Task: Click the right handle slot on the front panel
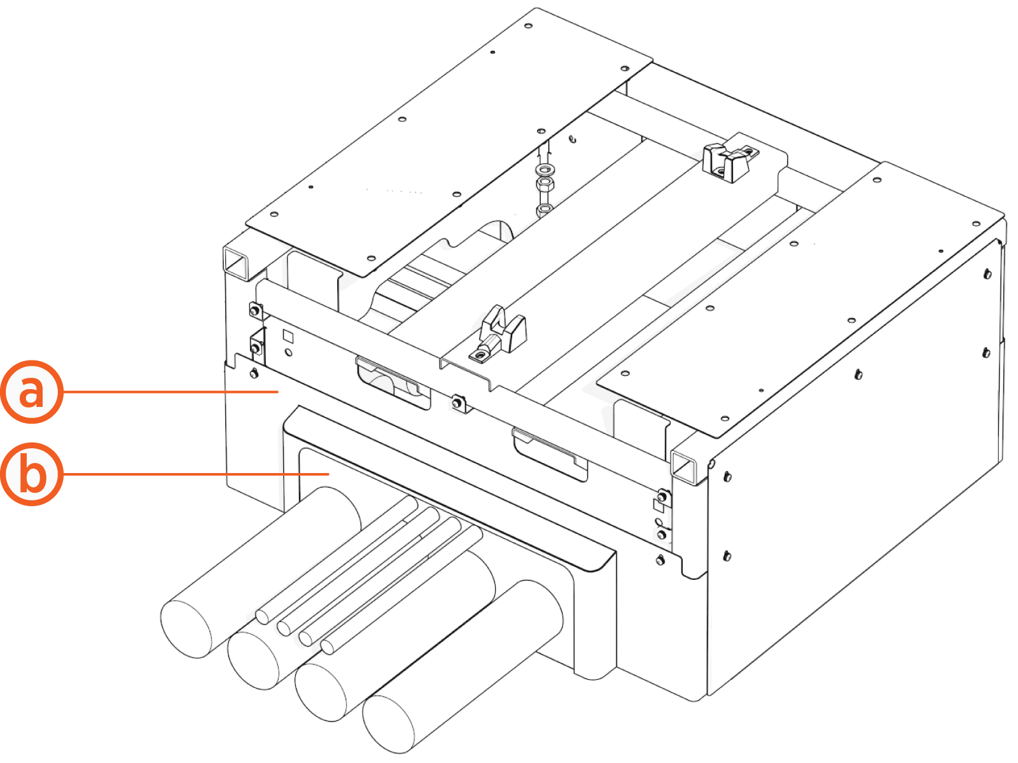pyautogui.click(x=550, y=453)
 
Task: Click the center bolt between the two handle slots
pyautogui.click(x=457, y=402)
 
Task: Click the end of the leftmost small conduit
pyautogui.click(x=262, y=616)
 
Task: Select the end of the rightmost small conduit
pyautogui.click(x=327, y=647)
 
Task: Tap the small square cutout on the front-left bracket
pyautogui.click(x=288, y=336)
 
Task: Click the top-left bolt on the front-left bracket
pyautogui.click(x=254, y=310)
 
